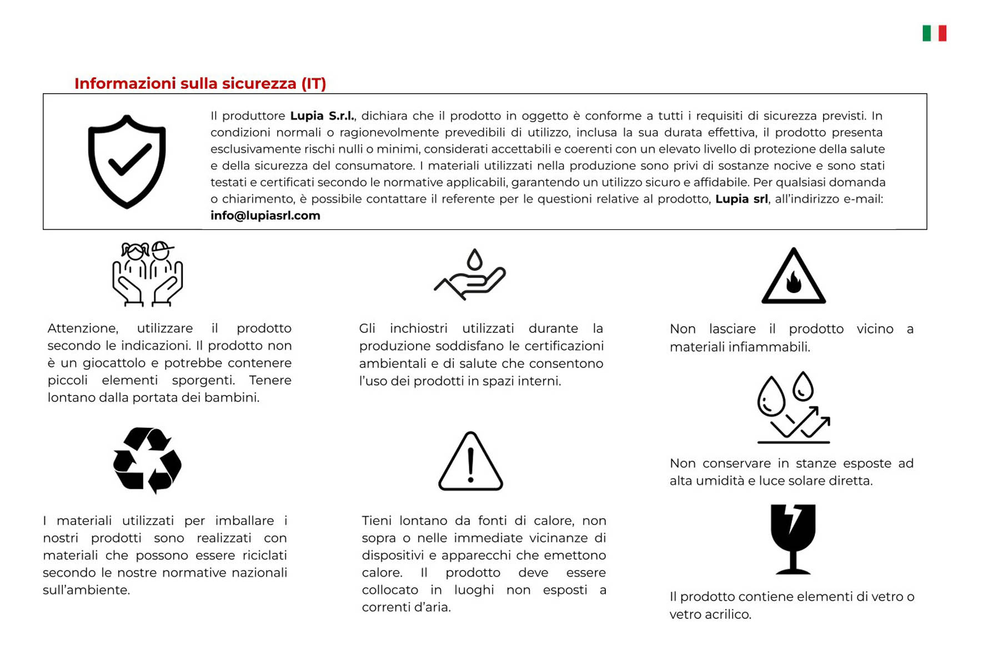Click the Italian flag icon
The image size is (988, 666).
tap(934, 33)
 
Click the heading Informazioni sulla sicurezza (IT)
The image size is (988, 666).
tap(200, 83)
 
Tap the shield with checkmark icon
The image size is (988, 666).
tap(127, 162)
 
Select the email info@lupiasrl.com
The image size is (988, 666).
tap(265, 215)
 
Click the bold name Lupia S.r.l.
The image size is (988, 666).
tap(322, 115)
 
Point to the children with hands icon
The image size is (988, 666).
tap(147, 274)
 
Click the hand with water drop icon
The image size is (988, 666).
tap(470, 274)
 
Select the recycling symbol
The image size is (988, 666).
tap(147, 460)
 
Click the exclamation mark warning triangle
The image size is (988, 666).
tap(470, 462)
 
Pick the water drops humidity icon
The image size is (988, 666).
tap(793, 408)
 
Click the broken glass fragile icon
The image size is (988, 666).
tap(793, 538)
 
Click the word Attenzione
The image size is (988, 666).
tap(83, 329)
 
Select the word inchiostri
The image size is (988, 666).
tap(418, 329)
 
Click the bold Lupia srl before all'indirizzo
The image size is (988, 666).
tap(741, 199)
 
